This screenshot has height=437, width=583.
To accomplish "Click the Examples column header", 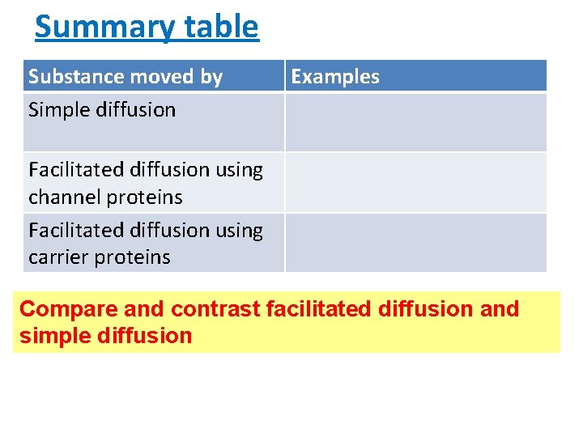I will click(334, 77).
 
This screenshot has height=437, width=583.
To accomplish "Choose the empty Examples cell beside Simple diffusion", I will click(415, 122).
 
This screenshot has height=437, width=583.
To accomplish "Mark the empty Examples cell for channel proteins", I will click(415, 182).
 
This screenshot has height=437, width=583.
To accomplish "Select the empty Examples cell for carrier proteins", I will click(415, 242).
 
